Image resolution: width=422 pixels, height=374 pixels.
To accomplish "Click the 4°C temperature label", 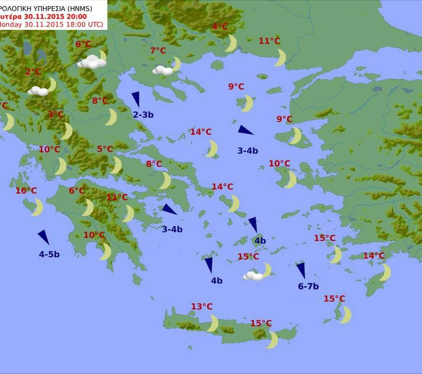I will [220, 27].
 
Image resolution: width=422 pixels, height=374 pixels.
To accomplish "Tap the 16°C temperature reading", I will [26, 191].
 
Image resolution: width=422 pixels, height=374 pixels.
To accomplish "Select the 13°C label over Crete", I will [202, 307].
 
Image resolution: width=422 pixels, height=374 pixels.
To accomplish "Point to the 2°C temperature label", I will [33, 72].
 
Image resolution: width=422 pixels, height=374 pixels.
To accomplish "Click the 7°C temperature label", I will [158, 50].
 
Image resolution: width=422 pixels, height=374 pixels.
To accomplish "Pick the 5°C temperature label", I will [104, 149].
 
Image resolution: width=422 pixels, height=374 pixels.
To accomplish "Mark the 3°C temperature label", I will [56, 114].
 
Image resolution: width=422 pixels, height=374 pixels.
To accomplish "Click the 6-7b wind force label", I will [308, 287].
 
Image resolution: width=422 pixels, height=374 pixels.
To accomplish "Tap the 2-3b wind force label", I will [143, 115].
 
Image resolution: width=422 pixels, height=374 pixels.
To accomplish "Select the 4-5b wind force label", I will [49, 254].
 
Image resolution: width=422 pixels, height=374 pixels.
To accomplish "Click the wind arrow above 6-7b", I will [301, 271].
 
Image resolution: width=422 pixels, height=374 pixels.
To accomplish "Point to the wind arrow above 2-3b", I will [136, 99].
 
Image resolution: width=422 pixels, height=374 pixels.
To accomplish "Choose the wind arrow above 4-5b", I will [44, 237].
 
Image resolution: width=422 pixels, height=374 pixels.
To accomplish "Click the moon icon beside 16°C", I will [37, 207].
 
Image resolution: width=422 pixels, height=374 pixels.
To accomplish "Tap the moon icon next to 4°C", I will [231, 43].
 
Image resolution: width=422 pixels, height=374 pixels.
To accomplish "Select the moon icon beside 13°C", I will [212, 323].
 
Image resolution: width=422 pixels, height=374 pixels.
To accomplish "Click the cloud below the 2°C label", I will [38, 91].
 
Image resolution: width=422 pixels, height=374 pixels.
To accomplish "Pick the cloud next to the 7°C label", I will [163, 70].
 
